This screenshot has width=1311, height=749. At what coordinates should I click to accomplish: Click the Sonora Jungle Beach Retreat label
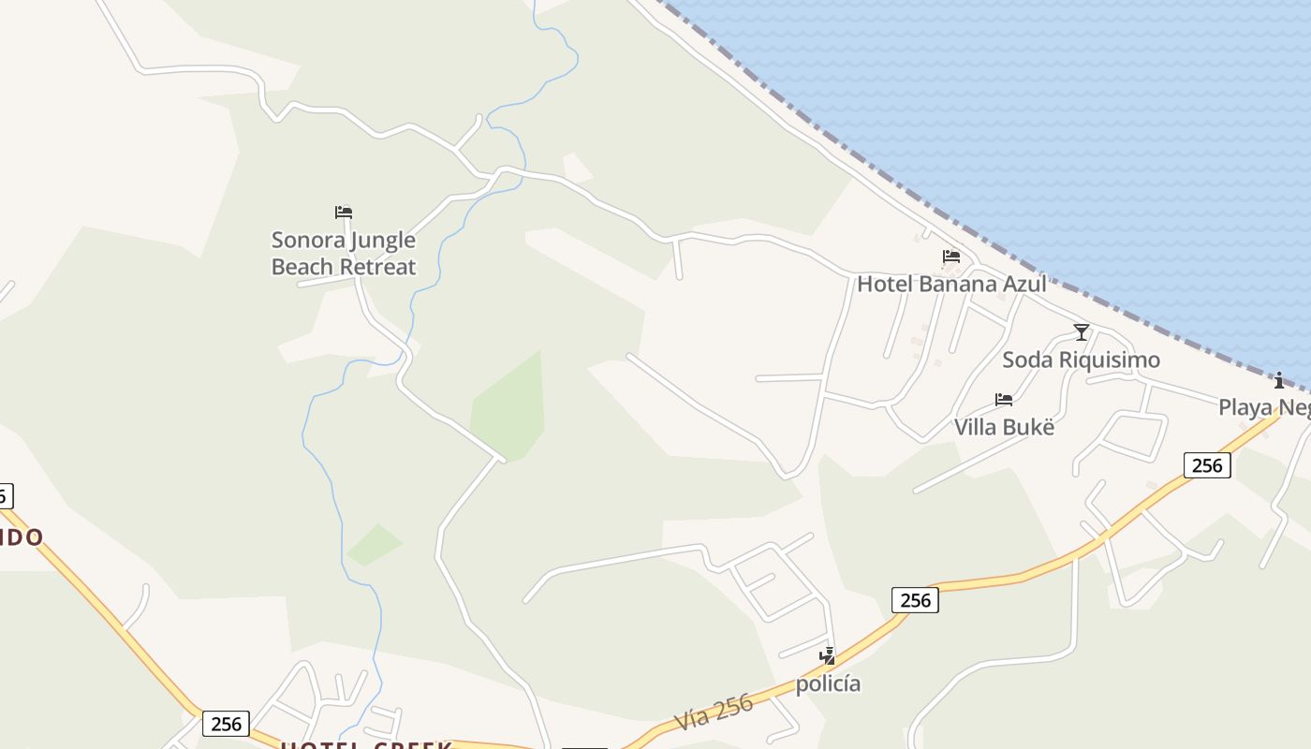(x=344, y=254)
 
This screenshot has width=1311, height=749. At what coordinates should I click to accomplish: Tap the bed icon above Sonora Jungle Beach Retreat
(x=344, y=213)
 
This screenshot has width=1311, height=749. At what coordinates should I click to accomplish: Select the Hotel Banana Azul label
(x=951, y=284)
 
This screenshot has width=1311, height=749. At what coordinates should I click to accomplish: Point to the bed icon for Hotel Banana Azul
(x=951, y=257)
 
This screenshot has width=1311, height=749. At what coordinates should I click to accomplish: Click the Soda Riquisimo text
(x=1081, y=360)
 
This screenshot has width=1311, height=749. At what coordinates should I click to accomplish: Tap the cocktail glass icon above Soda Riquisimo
(x=1082, y=332)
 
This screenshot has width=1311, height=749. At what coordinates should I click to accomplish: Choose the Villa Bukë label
(x=1004, y=427)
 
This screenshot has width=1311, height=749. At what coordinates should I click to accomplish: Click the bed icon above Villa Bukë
(x=1004, y=400)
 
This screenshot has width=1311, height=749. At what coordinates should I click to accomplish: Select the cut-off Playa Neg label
(x=1264, y=407)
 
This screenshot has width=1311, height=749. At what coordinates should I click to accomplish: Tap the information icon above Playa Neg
(x=1279, y=380)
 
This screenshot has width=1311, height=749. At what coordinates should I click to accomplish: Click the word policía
(x=828, y=683)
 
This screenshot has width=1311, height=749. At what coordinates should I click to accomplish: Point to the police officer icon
(x=827, y=656)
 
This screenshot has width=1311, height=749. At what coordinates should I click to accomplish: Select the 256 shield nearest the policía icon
(x=915, y=600)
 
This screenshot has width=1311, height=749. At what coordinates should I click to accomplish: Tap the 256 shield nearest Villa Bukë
(x=1206, y=464)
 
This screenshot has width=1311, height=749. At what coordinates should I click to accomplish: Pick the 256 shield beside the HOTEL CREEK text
(x=226, y=724)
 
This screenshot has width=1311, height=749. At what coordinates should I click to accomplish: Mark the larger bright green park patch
(x=507, y=407)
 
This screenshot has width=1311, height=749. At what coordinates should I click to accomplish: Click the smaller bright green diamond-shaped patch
(x=375, y=544)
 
